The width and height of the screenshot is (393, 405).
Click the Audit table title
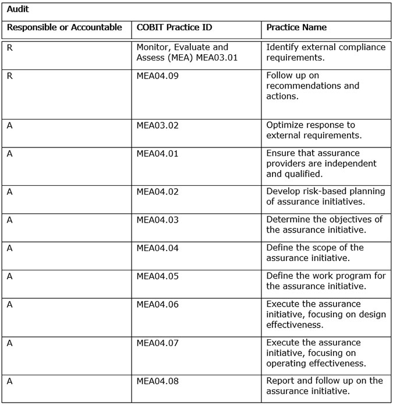18,10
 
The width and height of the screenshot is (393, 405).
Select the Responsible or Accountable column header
64,27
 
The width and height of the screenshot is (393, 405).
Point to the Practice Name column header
296,27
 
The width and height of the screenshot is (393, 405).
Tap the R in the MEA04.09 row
9,76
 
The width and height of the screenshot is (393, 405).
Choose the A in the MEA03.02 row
9,125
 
